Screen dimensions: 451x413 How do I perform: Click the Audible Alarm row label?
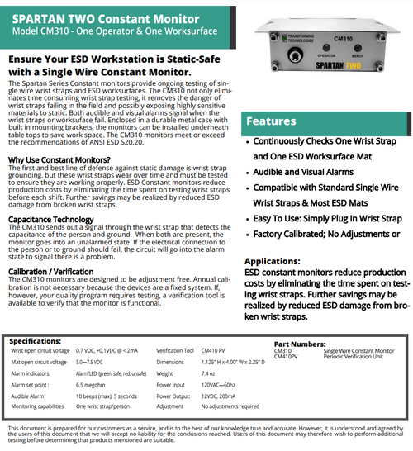[31, 396]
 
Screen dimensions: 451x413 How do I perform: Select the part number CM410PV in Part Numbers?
[285, 357]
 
